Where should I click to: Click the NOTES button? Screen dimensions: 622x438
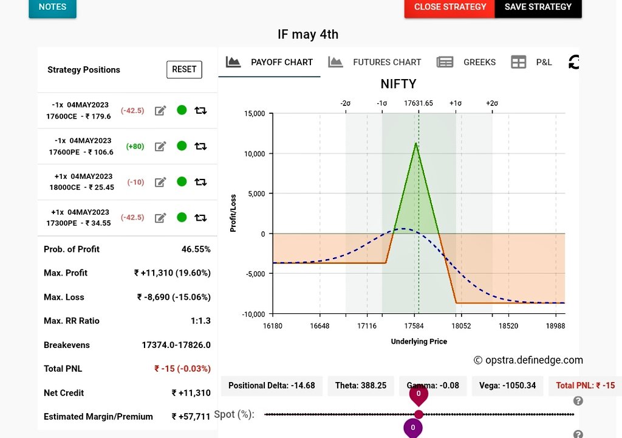[52, 7]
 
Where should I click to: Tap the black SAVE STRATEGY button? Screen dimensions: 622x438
[538, 7]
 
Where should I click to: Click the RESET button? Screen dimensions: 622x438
[184, 69]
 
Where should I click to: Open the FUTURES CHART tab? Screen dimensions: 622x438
[375, 63]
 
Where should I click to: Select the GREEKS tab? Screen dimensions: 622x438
[466, 63]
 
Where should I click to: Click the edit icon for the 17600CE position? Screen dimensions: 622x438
[160, 111]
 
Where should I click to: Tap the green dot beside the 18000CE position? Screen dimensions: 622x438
[182, 182]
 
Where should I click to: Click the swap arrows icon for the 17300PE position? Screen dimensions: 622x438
[200, 217]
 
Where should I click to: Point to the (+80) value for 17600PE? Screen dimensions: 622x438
[135, 146]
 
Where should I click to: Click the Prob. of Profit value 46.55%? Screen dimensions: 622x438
[196, 249]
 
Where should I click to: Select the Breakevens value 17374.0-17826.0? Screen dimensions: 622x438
[176, 345]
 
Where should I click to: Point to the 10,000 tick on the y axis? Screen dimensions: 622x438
[255, 154]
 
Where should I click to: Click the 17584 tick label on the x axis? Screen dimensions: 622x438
[414, 326]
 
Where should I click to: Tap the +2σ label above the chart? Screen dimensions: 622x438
[492, 103]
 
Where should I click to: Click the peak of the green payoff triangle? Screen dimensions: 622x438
[415, 143]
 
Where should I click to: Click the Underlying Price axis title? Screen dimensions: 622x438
[419, 341]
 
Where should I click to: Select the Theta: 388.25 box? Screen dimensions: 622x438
[361, 386]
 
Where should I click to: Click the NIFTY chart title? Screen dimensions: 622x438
[398, 84]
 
